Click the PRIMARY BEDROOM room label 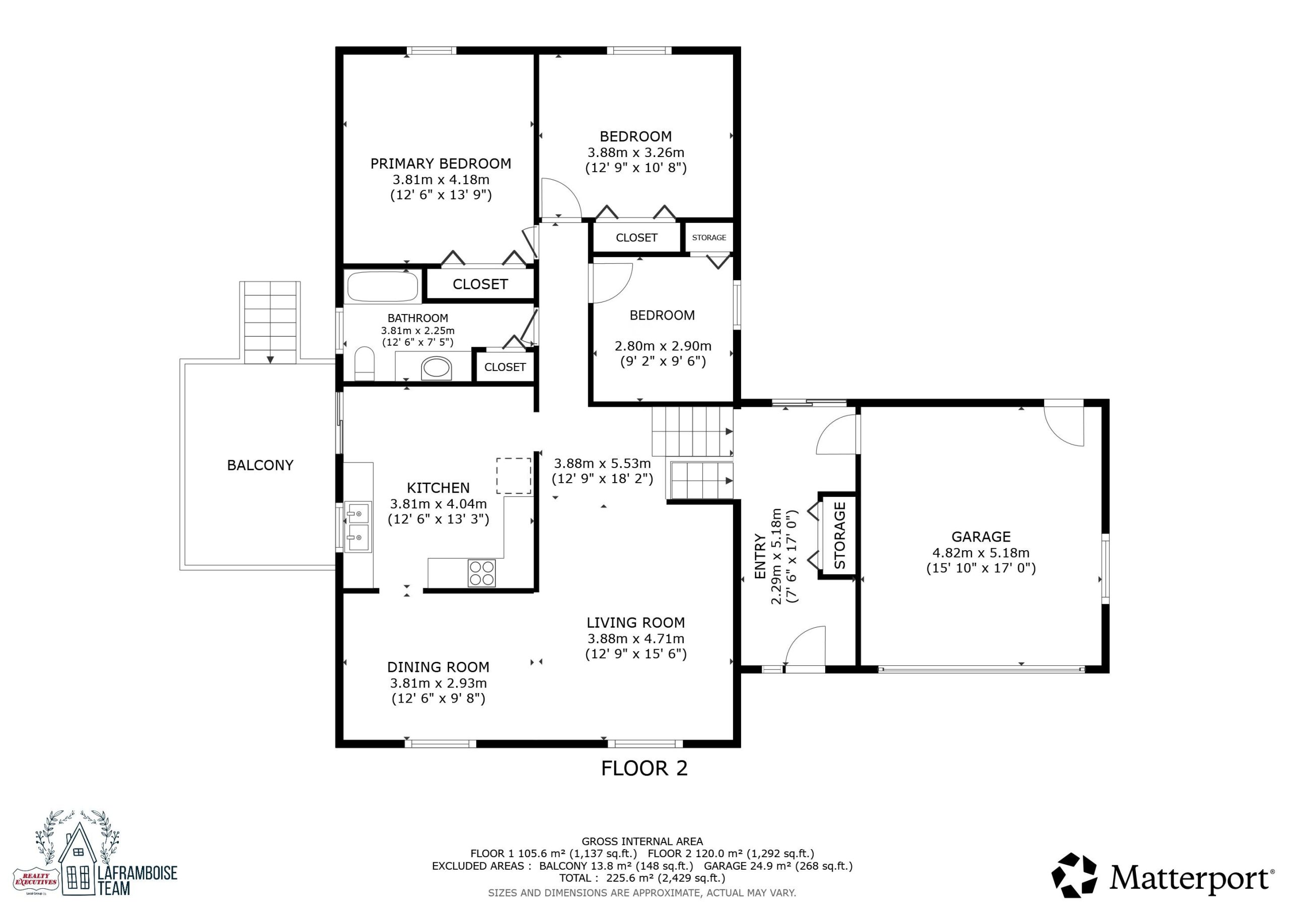click(x=441, y=164)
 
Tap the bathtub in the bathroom click(x=382, y=287)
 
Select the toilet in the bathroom click(x=365, y=363)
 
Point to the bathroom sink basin click(x=436, y=368)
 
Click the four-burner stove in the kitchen click(x=482, y=573)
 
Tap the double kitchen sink click(x=357, y=526)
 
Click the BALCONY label click(x=260, y=466)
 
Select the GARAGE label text click(x=981, y=537)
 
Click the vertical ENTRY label click(x=760, y=556)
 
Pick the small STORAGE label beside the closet click(x=709, y=238)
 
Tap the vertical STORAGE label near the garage click(x=840, y=536)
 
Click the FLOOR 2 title click(x=644, y=769)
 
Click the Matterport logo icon click(x=1074, y=876)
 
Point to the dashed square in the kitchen click(x=514, y=476)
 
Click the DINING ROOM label click(x=439, y=667)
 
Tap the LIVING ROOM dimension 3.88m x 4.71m click(x=636, y=639)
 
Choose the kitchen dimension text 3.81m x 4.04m click(x=439, y=504)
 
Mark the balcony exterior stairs click(x=270, y=323)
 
